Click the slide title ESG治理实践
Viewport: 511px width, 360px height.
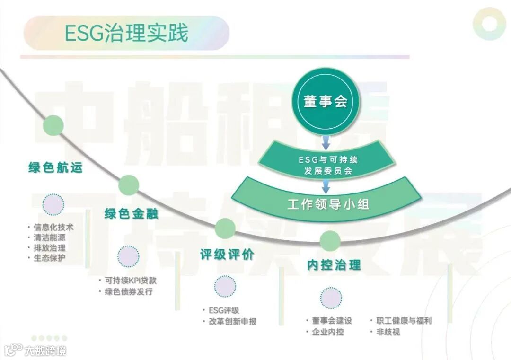pyautogui.click(x=126, y=33)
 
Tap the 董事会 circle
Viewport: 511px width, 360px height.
pyautogui.click(x=326, y=101)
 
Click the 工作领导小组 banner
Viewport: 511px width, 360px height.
pyautogui.click(x=328, y=204)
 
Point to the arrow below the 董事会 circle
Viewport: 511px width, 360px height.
pyautogui.click(x=326, y=140)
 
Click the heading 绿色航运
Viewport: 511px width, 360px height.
pyautogui.click(x=55, y=167)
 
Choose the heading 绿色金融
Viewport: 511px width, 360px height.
pyautogui.click(x=131, y=213)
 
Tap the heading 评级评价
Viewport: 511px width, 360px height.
pyautogui.click(x=227, y=255)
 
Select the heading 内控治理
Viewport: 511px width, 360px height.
pyautogui.click(x=334, y=265)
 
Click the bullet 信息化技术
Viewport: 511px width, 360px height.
pyautogui.click(x=53, y=227)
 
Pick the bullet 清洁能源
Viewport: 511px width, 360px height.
pyautogui.click(x=50, y=237)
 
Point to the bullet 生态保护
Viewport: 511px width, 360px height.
pyautogui.click(x=50, y=258)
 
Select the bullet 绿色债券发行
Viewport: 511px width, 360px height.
pyautogui.click(x=129, y=291)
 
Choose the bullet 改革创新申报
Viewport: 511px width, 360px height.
pyautogui.click(x=232, y=321)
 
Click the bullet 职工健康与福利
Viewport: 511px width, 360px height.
pyautogui.click(x=404, y=321)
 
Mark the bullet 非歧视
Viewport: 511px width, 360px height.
pyautogui.click(x=388, y=332)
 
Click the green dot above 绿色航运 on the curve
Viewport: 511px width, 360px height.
pyautogui.click(x=53, y=125)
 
